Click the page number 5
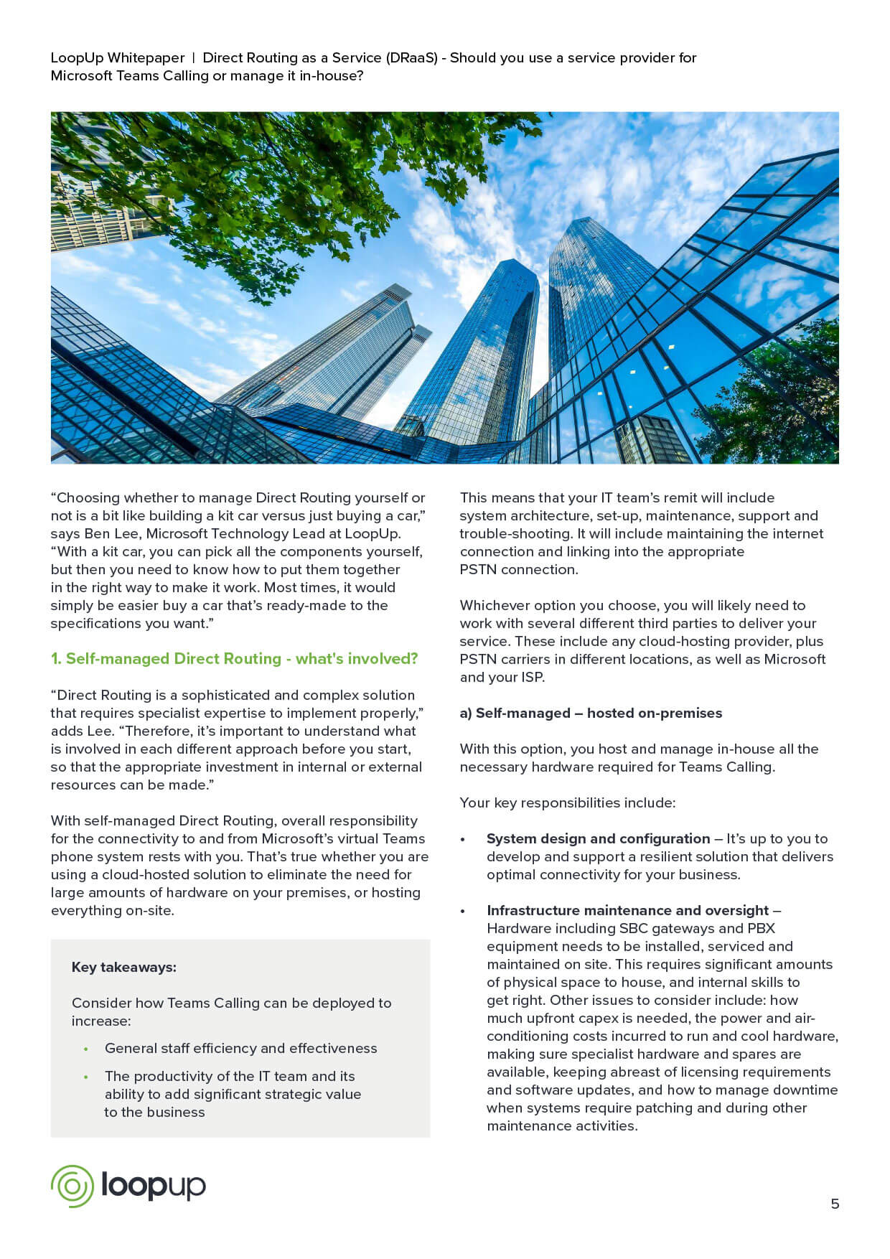[x=834, y=1204]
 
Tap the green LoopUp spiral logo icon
[x=72, y=1186]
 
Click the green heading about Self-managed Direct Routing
[x=234, y=659]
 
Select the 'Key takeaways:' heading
[x=123, y=967]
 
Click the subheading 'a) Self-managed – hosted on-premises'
[x=591, y=713]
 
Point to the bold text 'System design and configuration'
[x=598, y=838]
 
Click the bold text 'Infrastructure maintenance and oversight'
[x=627, y=910]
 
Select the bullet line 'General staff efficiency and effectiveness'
[x=240, y=1048]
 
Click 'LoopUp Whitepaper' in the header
[x=117, y=57]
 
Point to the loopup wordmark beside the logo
[x=153, y=1186]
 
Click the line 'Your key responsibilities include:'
[x=567, y=802]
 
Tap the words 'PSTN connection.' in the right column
[x=518, y=569]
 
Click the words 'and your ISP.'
[x=502, y=677]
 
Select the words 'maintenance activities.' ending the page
[x=562, y=1125]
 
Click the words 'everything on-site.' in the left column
[x=112, y=910]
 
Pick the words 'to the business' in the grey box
[x=154, y=1112]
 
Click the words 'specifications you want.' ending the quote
[x=132, y=623]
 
